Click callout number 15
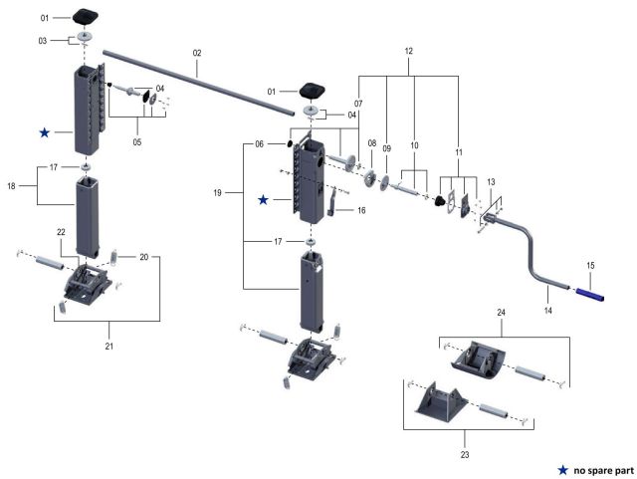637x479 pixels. tap(590, 266)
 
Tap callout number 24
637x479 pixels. tap(501, 313)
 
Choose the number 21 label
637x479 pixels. tap(107, 346)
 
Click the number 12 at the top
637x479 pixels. tap(408, 50)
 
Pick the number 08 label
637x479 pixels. tap(370, 143)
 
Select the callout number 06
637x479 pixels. tap(259, 143)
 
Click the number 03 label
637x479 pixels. tap(43, 40)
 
